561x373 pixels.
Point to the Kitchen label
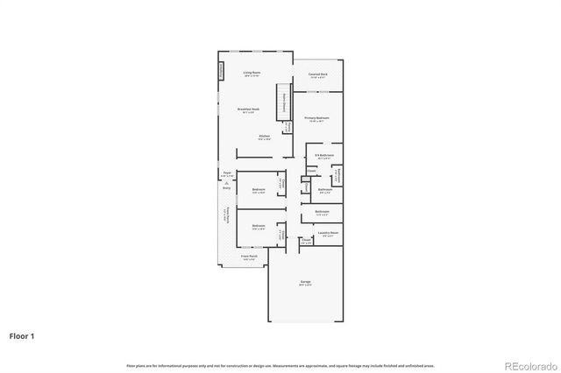pyautogui.click(x=264, y=137)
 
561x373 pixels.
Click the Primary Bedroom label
pyautogui.click(x=317, y=116)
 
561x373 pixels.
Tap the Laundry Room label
pyautogui.click(x=330, y=233)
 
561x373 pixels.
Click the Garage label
pyautogui.click(x=305, y=282)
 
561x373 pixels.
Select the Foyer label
pyautogui.click(x=226, y=173)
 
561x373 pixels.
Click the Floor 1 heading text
pyautogui.click(x=23, y=335)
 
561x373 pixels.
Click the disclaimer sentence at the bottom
pyautogui.click(x=280, y=365)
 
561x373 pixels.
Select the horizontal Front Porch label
pyautogui.click(x=248, y=257)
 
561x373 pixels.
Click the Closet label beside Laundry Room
pyautogui.click(x=307, y=241)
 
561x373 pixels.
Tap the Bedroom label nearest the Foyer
pyautogui.click(x=259, y=190)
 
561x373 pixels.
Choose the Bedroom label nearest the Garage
pyautogui.click(x=259, y=227)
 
